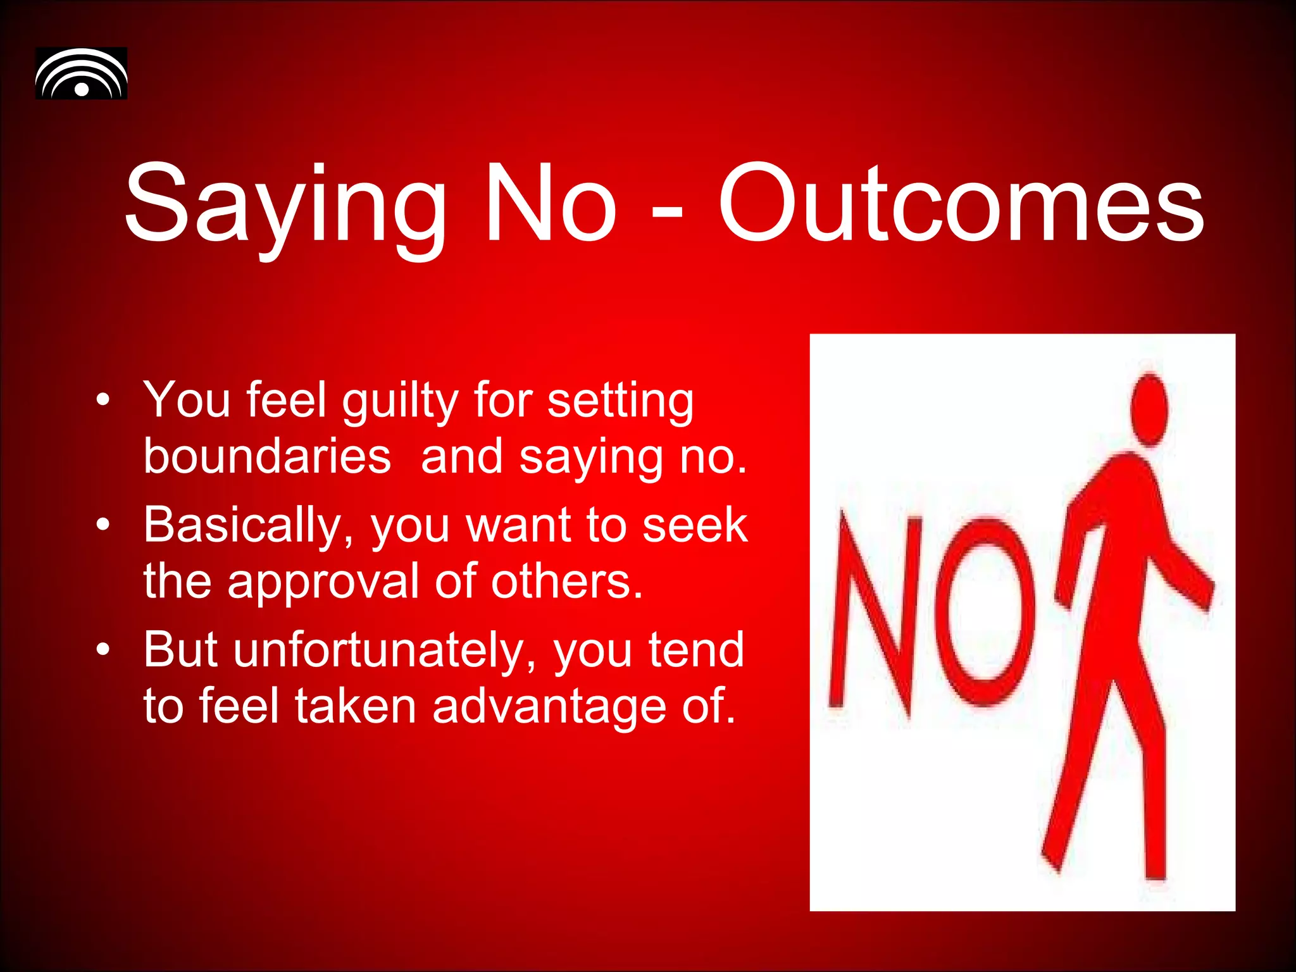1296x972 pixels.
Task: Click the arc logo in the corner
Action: tap(81, 73)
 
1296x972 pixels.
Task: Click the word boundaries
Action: tap(267, 457)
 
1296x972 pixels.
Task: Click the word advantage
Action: tap(549, 706)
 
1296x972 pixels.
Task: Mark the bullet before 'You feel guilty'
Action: tap(103, 400)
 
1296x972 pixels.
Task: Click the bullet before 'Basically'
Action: tap(103, 525)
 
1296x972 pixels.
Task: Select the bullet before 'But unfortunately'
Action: tap(103, 649)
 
